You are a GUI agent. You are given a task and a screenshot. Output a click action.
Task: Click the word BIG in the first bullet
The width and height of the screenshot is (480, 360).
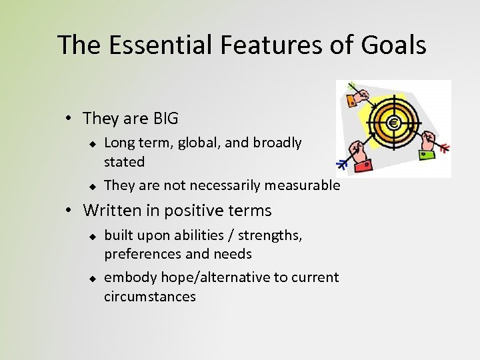pos(165,119)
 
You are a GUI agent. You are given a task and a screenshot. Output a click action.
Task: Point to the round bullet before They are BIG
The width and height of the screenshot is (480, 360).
pos(69,119)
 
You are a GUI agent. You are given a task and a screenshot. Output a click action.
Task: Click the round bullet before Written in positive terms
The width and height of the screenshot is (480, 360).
pos(69,211)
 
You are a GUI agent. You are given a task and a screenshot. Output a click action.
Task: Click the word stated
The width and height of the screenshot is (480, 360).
pos(124,162)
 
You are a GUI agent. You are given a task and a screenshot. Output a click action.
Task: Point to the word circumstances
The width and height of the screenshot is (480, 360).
pos(150,296)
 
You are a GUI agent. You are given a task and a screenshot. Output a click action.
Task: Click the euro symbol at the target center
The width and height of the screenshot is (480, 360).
pos(393,123)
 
